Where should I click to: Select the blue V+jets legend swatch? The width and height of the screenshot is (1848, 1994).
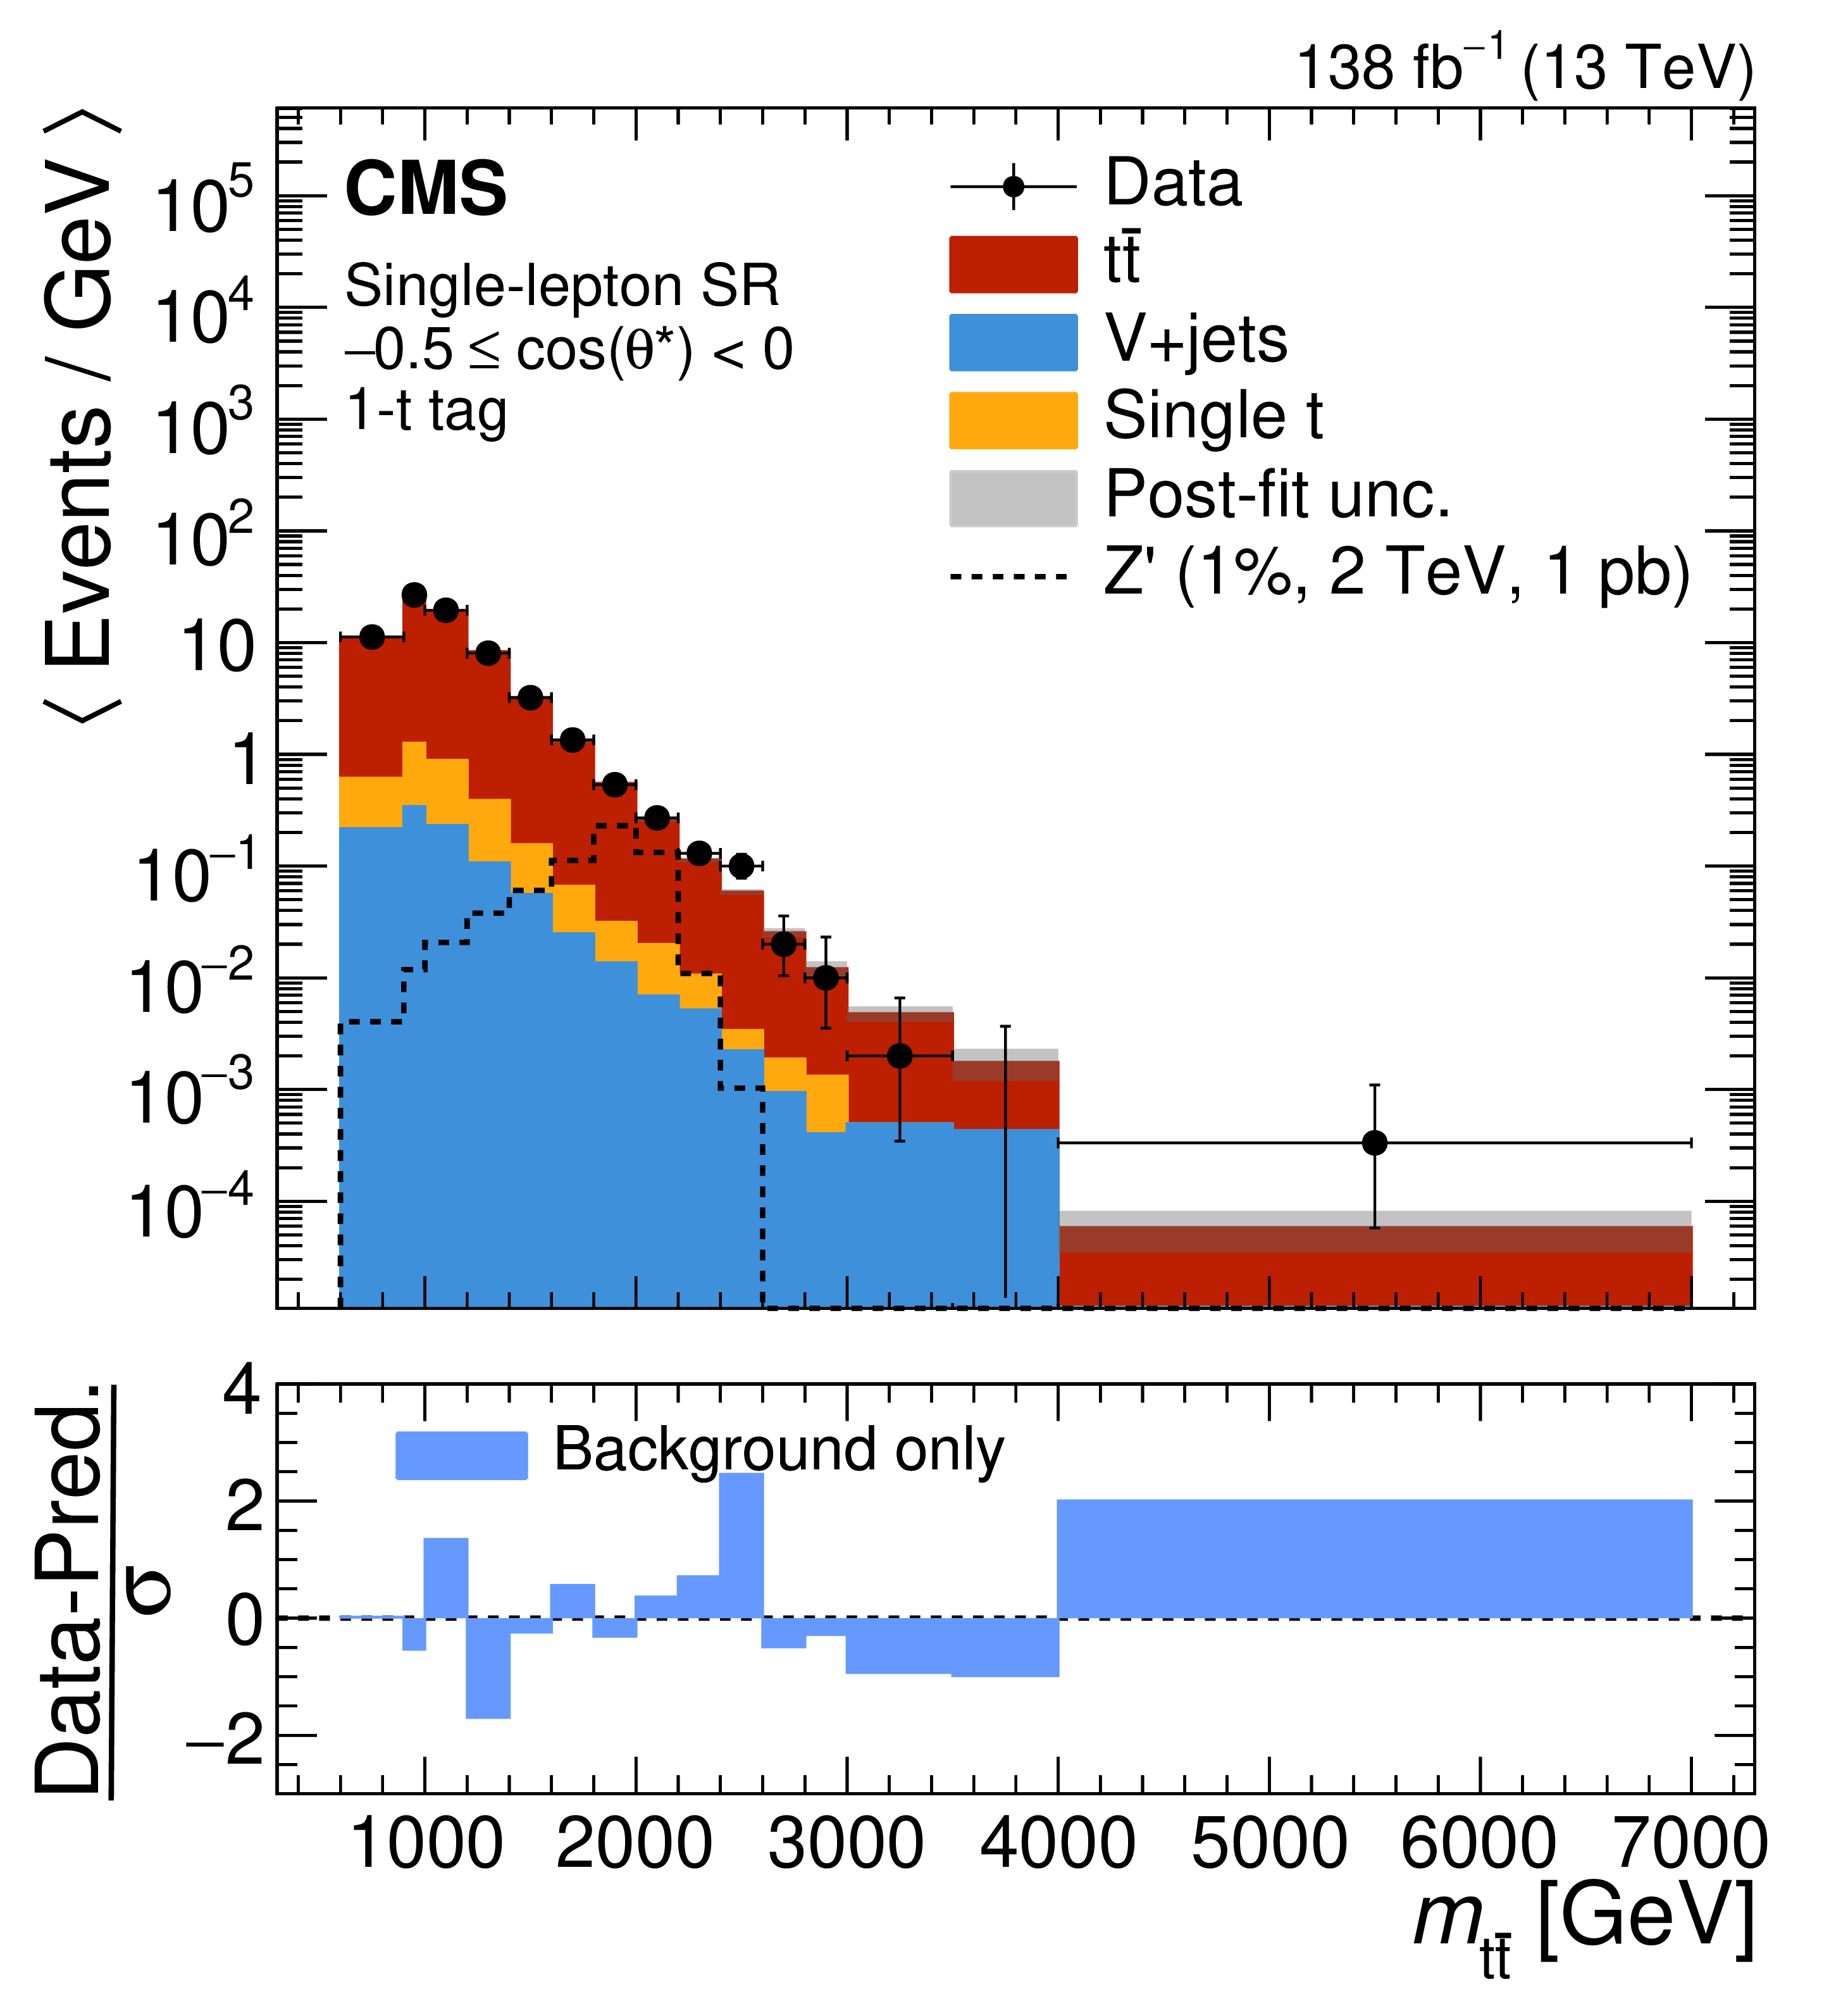click(1012, 342)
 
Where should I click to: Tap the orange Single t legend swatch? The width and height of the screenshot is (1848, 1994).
click(1012, 420)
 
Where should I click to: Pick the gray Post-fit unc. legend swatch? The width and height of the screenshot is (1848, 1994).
click(1012, 498)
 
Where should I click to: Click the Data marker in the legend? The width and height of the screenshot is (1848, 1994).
click(1012, 187)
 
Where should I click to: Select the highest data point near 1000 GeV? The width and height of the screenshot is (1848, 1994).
click(414, 595)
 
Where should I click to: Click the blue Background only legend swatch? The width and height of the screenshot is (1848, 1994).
click(461, 1455)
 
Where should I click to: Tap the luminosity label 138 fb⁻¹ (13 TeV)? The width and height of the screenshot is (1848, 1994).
click(1524, 67)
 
